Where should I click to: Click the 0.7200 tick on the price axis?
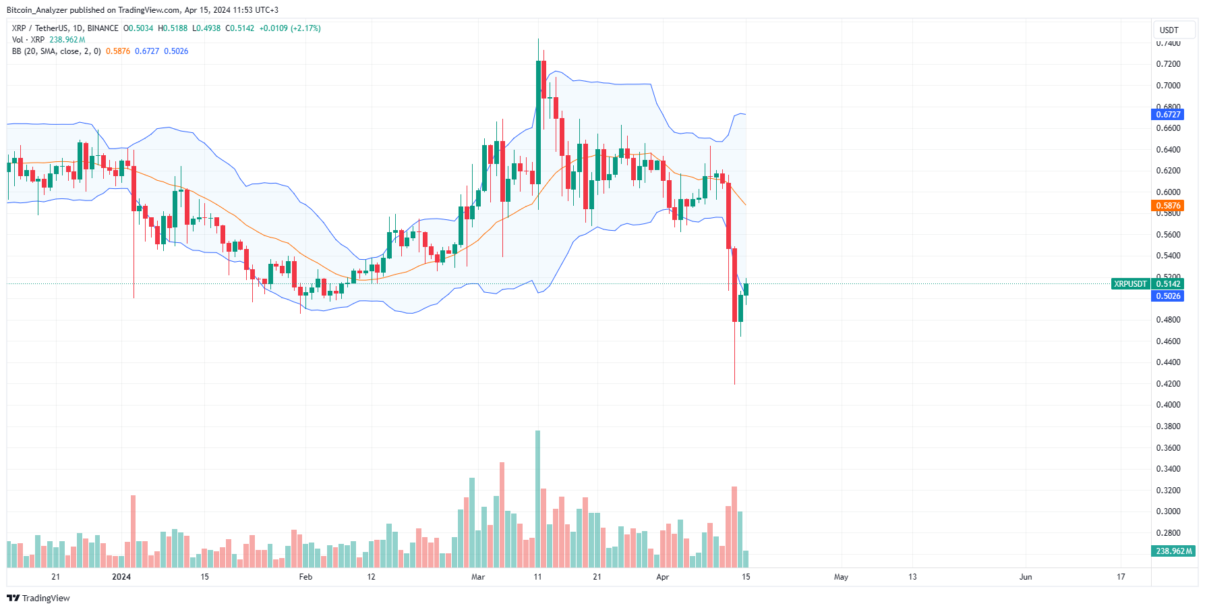[1168, 64]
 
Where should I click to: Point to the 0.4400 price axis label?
[1168, 362]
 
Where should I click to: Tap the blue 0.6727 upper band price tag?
[1168, 115]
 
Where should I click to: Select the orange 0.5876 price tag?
[1168, 206]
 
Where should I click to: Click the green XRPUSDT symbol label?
[1130, 284]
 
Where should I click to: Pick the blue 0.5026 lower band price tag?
[1168, 296]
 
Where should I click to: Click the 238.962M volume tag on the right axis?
[1173, 551]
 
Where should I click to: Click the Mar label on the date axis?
[478, 577]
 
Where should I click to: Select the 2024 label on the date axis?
[121, 577]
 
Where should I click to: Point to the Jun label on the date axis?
[1026, 577]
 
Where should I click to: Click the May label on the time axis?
[841, 577]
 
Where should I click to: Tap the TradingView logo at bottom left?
[38, 599]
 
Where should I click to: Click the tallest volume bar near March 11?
[537, 499]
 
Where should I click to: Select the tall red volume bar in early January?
[134, 532]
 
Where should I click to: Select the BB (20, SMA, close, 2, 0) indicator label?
[57, 51]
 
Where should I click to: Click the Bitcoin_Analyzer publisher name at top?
[37, 10]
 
